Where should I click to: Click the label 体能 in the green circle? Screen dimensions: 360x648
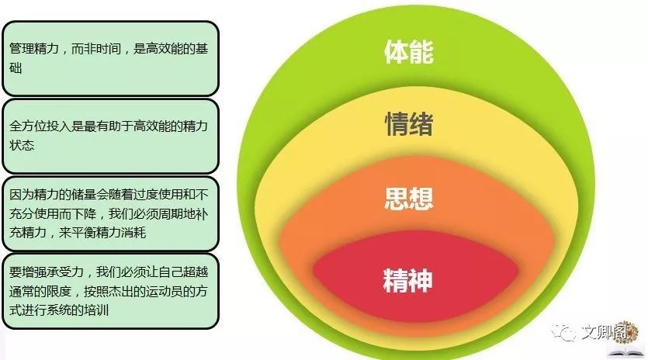point(408,51)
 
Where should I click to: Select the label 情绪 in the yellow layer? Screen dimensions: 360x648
point(408,124)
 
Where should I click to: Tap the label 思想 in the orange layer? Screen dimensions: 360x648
point(408,198)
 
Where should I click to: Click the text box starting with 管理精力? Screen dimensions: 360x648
point(110,57)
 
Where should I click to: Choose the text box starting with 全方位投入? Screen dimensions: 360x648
point(110,135)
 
